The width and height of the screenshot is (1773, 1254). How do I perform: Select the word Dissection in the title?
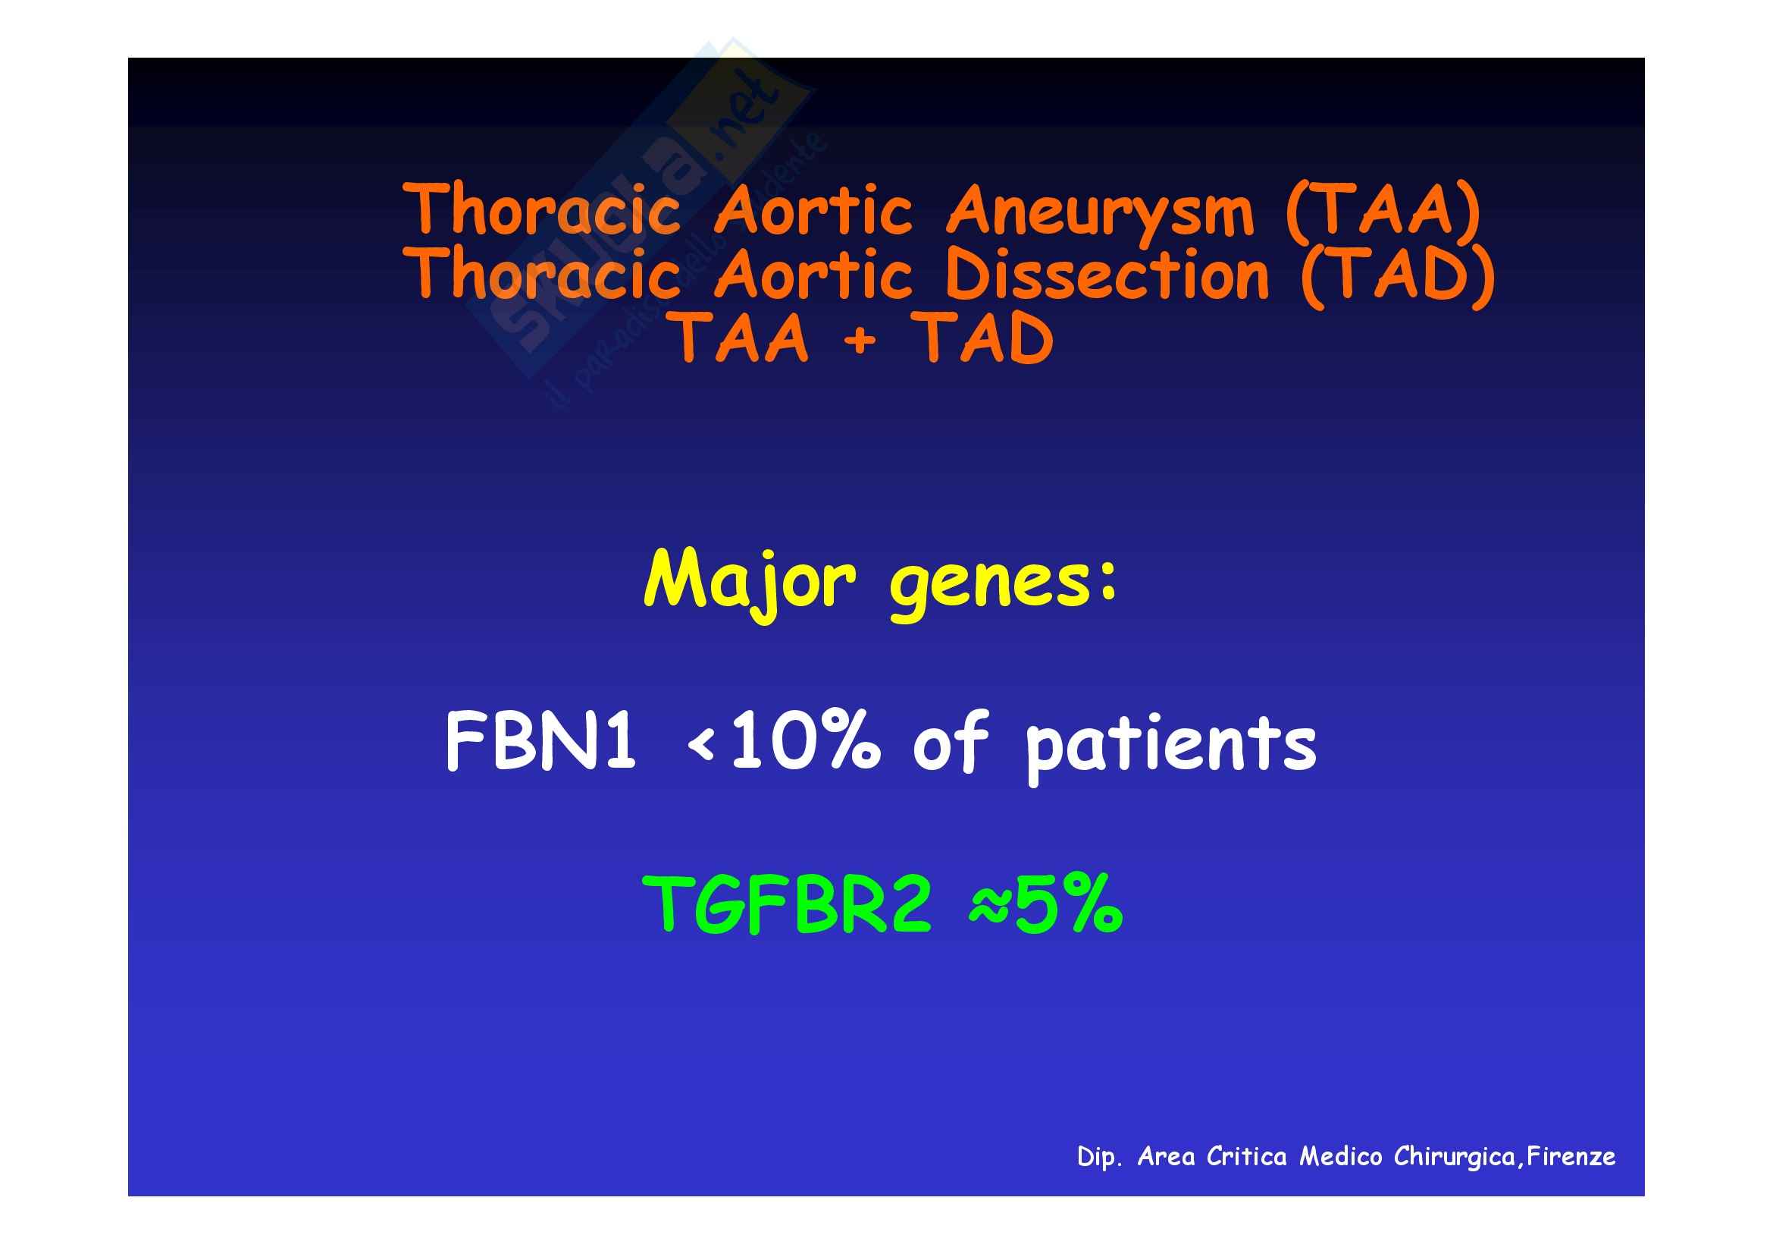[x=1107, y=275]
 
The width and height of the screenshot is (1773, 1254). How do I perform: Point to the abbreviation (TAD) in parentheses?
[x=1398, y=275]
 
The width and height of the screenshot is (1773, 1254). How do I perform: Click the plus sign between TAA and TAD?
[x=860, y=340]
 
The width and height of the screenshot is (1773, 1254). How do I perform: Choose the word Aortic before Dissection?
[x=813, y=275]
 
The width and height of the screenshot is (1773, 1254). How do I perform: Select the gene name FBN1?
[x=540, y=741]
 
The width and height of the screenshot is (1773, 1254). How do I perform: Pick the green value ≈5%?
[x=1045, y=904]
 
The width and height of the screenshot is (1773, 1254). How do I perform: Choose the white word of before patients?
[x=951, y=741]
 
